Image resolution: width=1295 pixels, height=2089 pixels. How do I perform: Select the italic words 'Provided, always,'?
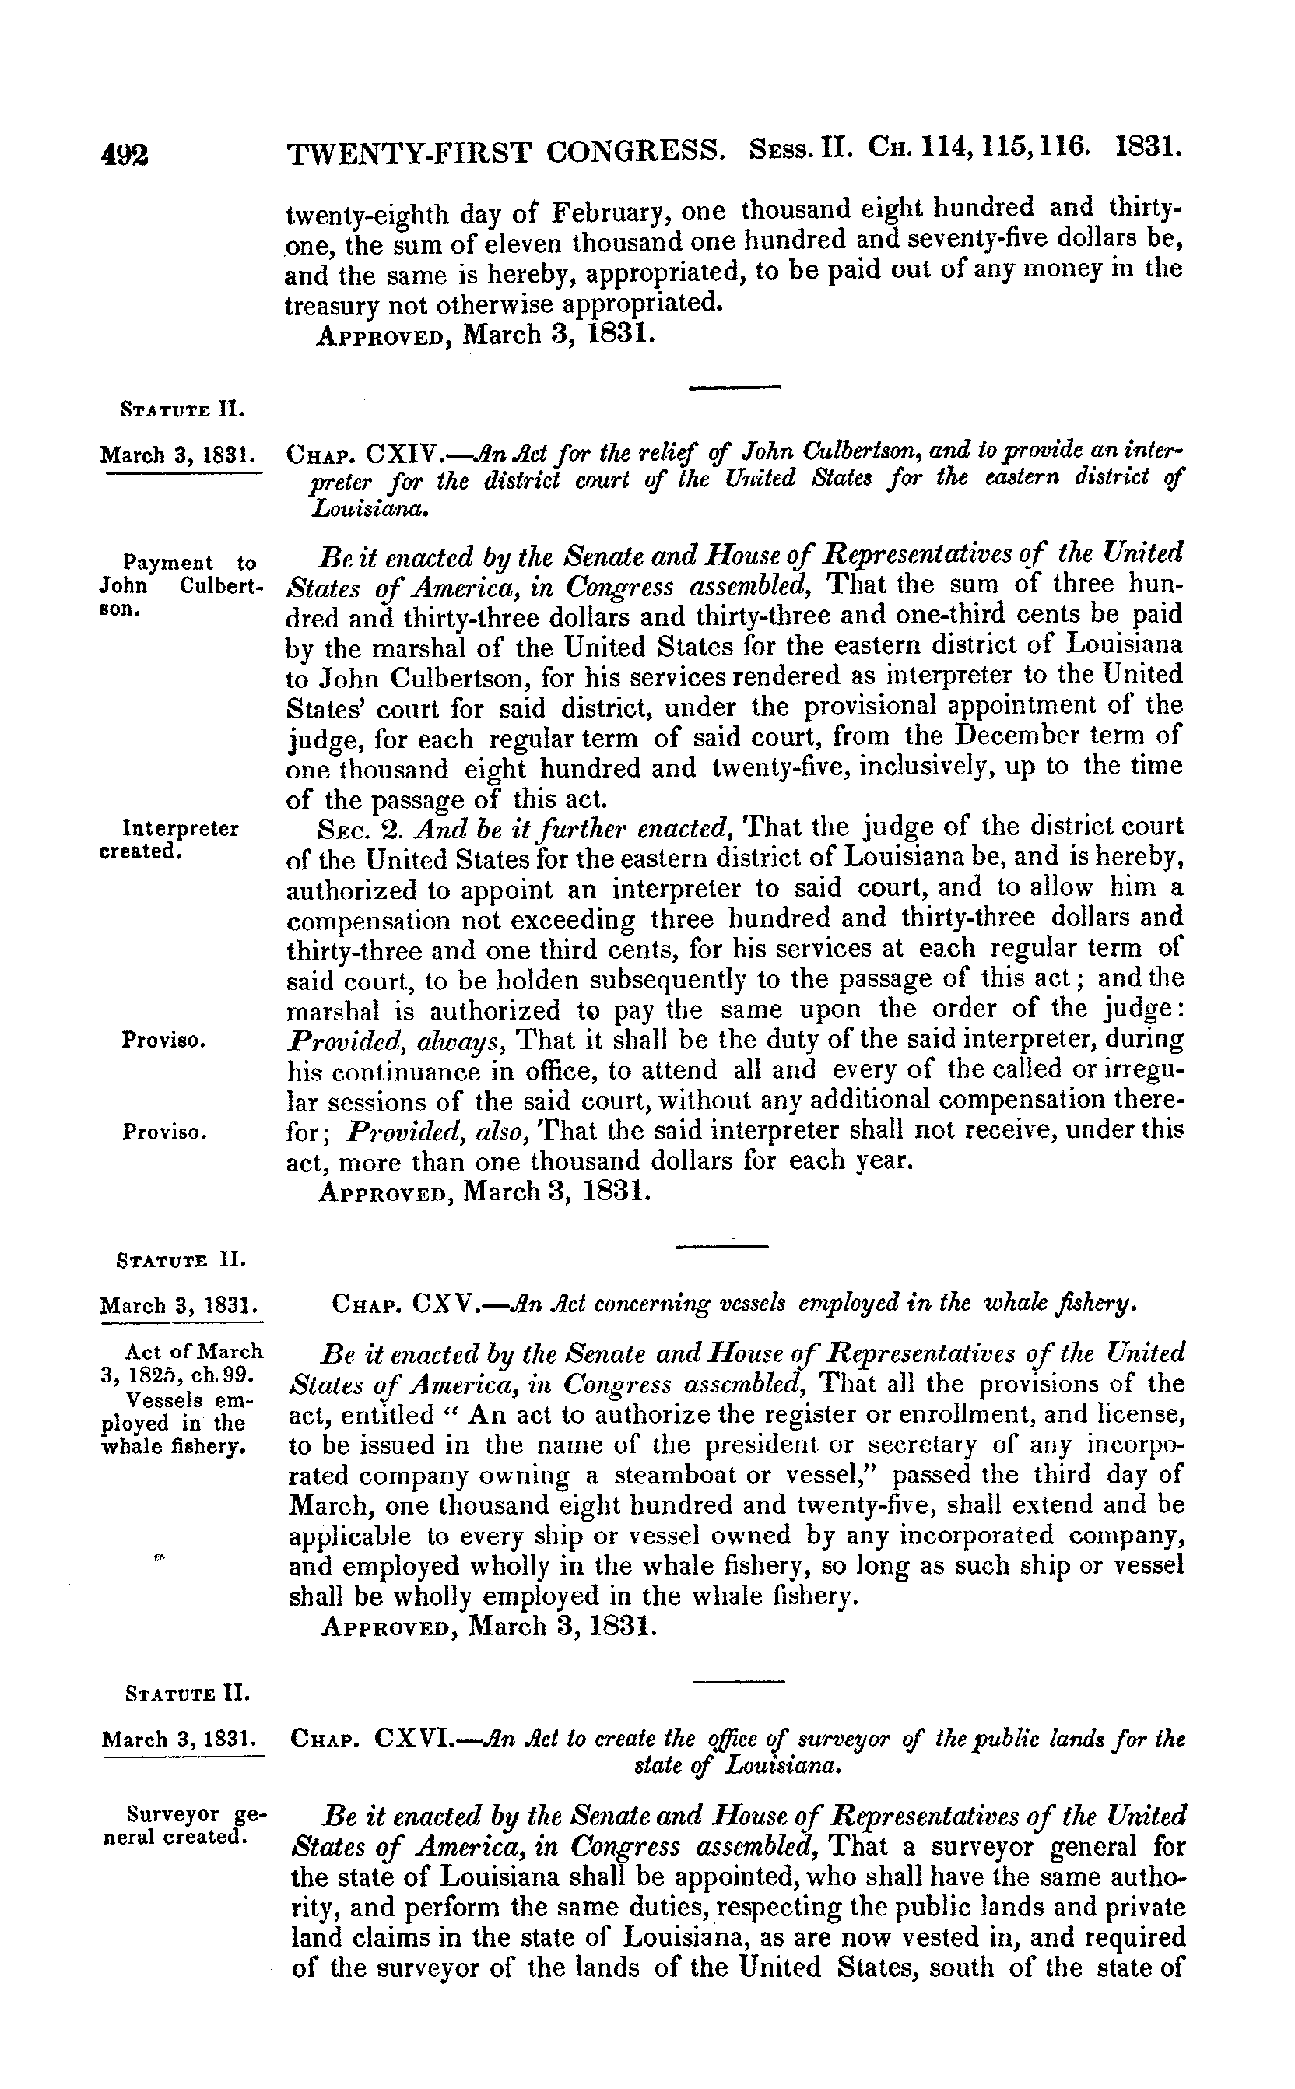400,1041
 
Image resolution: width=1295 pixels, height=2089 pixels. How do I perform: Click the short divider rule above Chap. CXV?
721,1245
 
